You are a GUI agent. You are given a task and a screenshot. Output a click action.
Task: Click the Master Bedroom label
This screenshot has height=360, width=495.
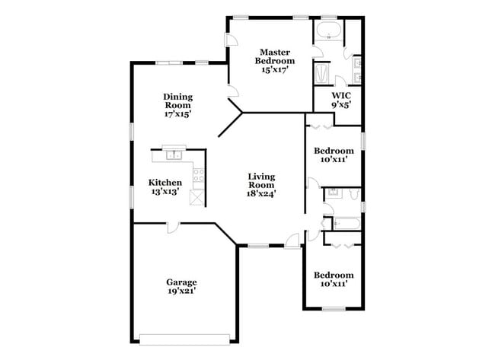275,56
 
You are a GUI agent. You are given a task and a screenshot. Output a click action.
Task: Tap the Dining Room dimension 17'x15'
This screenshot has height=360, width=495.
177,114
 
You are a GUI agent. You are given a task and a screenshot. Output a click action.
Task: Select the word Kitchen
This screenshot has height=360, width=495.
165,183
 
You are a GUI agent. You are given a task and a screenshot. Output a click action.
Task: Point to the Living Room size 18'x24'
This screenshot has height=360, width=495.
261,193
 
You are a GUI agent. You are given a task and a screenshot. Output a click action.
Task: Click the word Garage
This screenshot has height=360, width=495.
181,282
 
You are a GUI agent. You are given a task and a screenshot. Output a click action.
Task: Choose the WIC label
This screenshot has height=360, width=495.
341,95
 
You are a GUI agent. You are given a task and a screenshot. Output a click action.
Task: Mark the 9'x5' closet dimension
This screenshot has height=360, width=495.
341,105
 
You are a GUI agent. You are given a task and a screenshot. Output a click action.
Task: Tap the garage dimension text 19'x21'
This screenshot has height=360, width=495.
182,291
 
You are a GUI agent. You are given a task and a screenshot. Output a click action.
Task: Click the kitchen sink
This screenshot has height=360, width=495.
174,155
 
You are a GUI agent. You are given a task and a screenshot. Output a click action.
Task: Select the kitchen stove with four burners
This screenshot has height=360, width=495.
199,175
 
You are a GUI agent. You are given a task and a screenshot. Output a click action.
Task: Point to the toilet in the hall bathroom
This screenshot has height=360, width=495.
354,194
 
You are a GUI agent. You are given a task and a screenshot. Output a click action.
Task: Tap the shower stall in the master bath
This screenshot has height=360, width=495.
322,74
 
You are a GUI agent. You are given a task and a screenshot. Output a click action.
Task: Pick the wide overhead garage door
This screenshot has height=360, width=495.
185,339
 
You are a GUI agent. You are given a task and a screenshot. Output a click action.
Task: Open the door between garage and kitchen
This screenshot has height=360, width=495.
173,228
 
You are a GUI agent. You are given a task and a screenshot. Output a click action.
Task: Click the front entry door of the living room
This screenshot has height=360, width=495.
292,241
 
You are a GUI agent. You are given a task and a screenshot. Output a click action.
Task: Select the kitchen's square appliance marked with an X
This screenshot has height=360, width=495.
197,198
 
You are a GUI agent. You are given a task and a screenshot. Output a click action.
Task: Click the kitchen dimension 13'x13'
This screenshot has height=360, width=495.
165,192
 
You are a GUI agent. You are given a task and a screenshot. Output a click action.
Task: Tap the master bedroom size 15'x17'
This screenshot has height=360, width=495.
275,70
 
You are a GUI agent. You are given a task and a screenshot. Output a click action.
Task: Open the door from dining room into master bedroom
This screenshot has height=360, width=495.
233,91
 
